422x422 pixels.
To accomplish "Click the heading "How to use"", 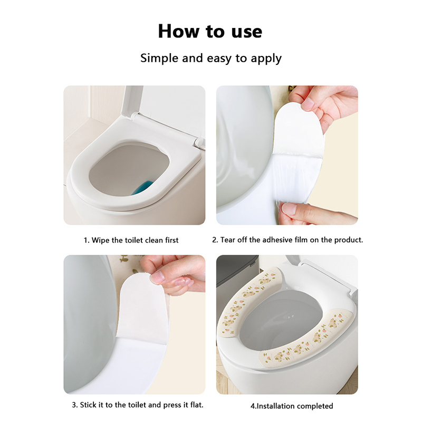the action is click(x=210, y=31).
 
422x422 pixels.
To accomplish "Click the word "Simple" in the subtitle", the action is click(x=159, y=58).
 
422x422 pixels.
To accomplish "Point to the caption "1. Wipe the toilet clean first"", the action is click(x=131, y=240).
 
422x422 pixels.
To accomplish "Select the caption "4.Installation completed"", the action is click(x=292, y=406).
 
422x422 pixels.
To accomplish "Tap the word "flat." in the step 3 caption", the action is click(x=197, y=405).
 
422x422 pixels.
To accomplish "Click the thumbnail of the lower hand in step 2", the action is click(x=289, y=208).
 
